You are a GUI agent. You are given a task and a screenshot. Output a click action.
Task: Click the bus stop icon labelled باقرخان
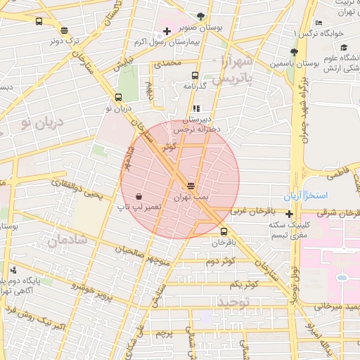(224, 231)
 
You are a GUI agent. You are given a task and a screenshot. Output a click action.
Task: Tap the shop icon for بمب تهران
(191, 186)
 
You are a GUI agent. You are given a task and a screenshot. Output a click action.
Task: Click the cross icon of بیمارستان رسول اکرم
(166, 31)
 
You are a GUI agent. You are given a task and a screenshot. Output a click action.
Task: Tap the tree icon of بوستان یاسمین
(293, 52)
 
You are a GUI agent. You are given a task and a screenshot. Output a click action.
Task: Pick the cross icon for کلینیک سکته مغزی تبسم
(289, 213)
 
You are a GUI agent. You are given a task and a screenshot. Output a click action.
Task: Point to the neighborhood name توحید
(234, 302)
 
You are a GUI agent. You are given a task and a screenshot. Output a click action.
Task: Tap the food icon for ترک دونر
(65, 30)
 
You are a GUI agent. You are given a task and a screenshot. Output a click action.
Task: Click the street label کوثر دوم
(220, 262)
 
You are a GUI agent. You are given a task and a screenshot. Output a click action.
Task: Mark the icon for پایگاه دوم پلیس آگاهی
(14, 270)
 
